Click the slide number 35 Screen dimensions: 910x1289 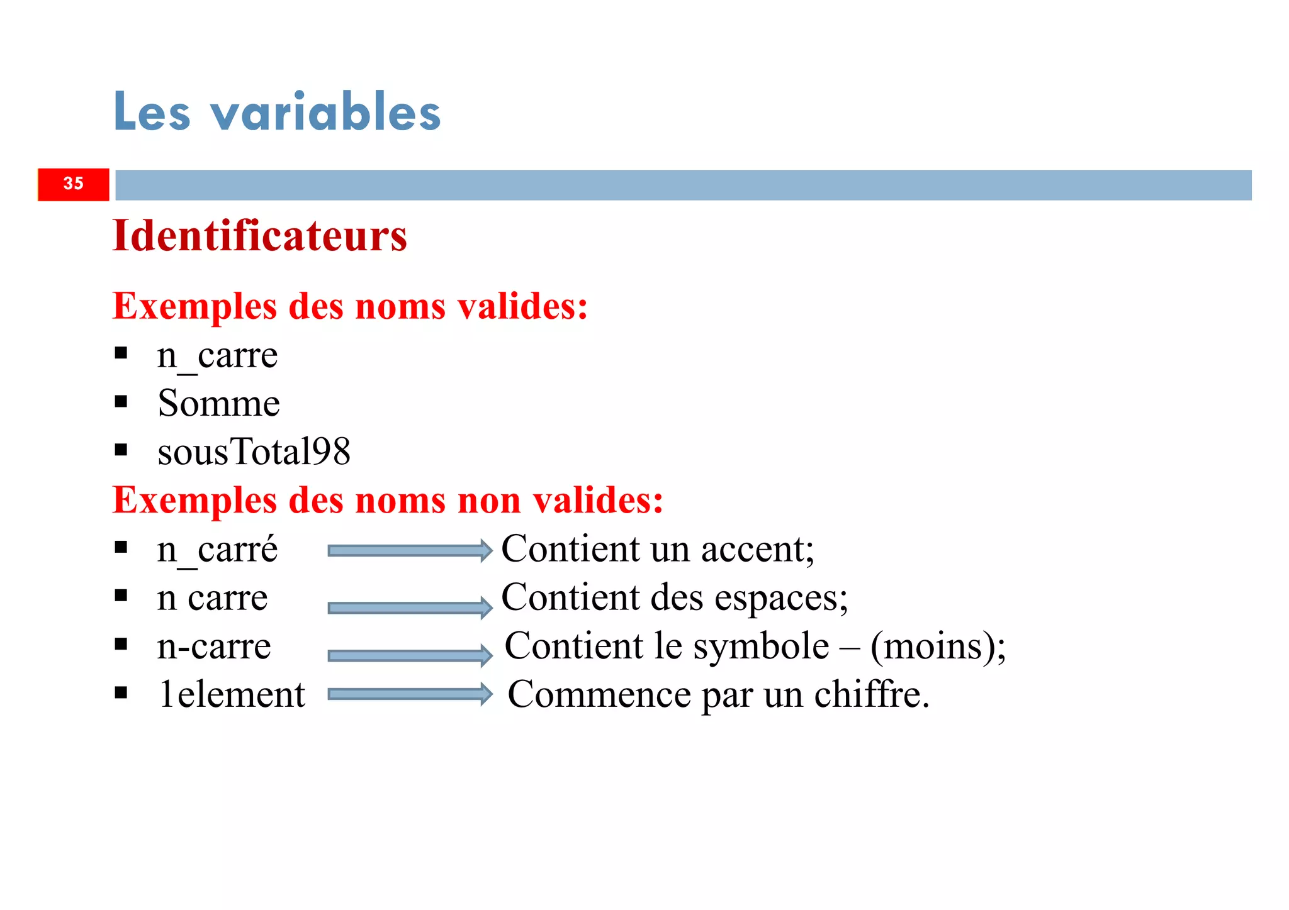tap(74, 184)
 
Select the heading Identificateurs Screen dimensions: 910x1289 tap(259, 236)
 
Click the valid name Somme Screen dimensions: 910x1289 tap(218, 403)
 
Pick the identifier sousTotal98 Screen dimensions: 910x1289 tap(254, 452)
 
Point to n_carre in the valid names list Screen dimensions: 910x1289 tap(217, 356)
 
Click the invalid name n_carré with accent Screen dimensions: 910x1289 tap(217, 549)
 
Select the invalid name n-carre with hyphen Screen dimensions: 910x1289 tap(214, 646)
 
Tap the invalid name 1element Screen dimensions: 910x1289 tap(231, 694)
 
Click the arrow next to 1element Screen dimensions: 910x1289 tap(410, 694)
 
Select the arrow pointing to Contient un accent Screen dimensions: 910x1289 tap(410, 551)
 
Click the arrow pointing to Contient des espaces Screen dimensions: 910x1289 tap(410, 608)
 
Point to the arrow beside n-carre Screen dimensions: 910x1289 tap(410, 656)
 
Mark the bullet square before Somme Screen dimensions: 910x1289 tap(121, 401)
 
